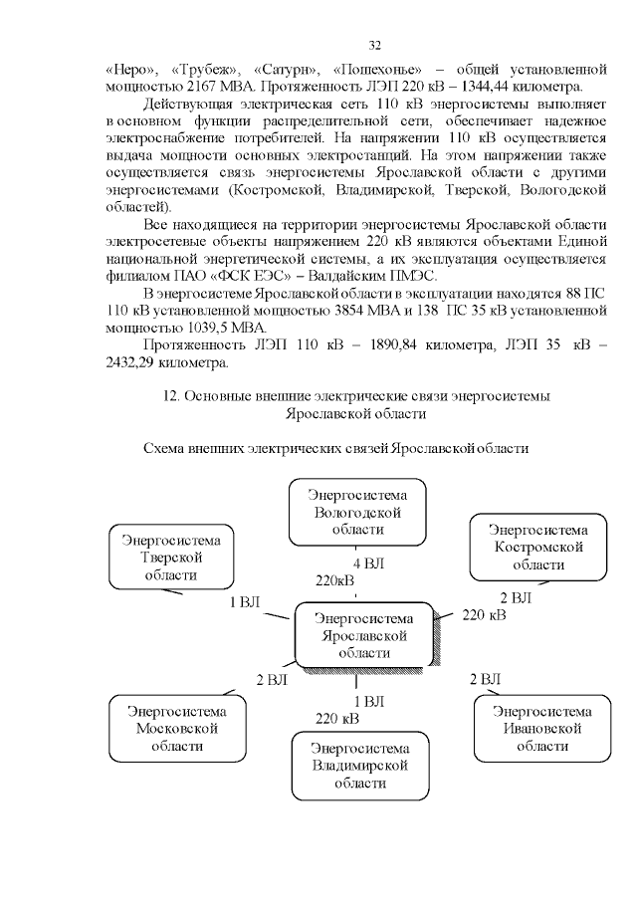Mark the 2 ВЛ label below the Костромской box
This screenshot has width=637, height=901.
516,597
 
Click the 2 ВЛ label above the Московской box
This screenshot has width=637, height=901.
272,681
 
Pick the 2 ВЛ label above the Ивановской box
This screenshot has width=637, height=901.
485,679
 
